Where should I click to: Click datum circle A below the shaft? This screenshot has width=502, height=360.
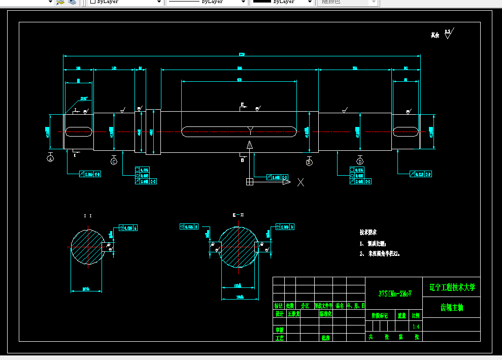coord(50,159)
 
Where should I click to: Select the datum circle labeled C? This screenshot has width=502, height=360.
coord(114,161)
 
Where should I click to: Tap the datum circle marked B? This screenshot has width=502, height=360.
coord(309,162)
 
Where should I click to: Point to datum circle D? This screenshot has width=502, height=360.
coord(360,162)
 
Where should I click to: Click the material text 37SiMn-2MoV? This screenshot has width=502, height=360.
coord(394,293)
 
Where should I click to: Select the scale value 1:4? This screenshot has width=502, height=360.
coord(416,326)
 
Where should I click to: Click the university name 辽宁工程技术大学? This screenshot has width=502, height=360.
coord(452,287)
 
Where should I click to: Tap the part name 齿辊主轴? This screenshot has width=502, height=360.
coord(451,308)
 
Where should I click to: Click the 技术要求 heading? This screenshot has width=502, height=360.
coord(368,232)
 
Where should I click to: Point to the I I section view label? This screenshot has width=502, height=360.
coord(88,216)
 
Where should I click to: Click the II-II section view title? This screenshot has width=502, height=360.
coord(238,215)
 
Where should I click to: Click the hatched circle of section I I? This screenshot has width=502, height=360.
coord(87,247)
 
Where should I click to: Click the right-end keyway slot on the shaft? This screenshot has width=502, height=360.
coord(406,131)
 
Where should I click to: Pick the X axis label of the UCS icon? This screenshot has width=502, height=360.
coord(300,182)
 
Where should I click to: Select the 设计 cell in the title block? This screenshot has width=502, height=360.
coord(279,314)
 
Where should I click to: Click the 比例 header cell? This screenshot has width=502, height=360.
coord(416,315)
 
